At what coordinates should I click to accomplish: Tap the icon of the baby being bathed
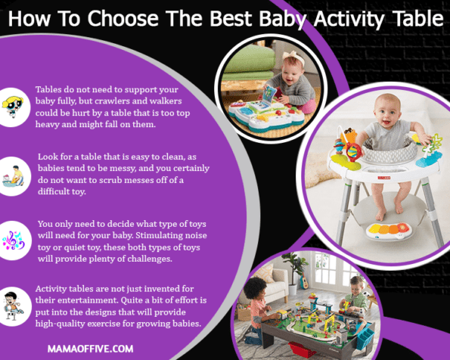[x=13, y=173]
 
